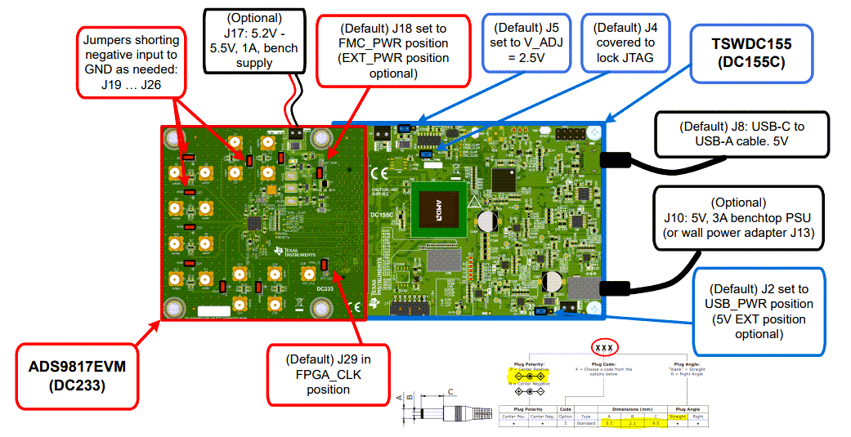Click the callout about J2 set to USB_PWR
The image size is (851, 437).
pos(758,310)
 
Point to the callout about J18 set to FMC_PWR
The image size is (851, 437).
pos(393,50)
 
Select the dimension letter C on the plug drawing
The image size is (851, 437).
pos(452,391)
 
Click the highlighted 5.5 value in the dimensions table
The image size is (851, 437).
pos(609,423)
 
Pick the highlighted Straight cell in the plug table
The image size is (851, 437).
pos(678,416)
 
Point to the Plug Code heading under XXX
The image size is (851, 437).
pos(603,364)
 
